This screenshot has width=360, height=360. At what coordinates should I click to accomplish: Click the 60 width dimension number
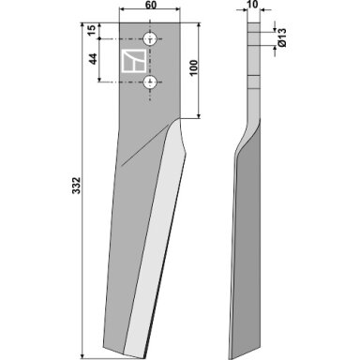pos(151,5)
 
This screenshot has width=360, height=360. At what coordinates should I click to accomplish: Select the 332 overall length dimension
pos(77,186)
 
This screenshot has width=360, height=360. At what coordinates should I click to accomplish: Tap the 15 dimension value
pos(91,30)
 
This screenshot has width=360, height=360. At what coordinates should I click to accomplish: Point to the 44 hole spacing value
pos(93,59)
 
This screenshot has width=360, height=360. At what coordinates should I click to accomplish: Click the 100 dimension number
pos(193,67)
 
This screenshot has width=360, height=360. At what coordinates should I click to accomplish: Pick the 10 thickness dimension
pos(253,5)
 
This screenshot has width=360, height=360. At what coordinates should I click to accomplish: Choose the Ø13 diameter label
pos(281,37)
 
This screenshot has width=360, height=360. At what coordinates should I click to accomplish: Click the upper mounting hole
pos(150,39)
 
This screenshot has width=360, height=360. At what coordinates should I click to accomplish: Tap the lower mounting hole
pos(150,82)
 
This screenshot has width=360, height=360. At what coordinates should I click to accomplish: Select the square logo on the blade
pos(133,61)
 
